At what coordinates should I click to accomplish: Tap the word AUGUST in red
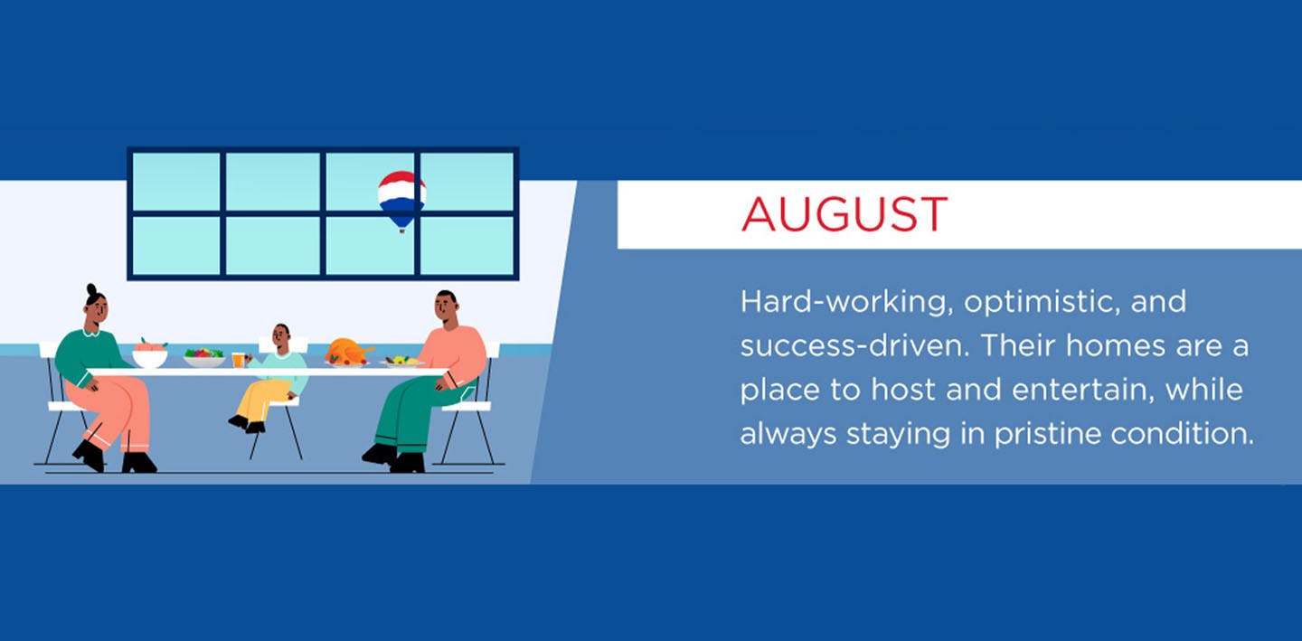click(x=844, y=214)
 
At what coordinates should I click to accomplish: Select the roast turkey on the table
click(x=348, y=352)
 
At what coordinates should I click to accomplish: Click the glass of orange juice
click(x=239, y=360)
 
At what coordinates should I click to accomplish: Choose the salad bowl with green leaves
click(x=204, y=358)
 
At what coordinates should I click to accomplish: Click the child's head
click(x=281, y=336)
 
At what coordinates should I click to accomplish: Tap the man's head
click(x=446, y=307)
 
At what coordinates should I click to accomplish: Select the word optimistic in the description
click(x=1042, y=302)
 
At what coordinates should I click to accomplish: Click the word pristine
click(x=1048, y=434)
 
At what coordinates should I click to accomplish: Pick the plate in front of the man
click(x=401, y=362)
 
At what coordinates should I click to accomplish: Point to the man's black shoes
click(x=394, y=458)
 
